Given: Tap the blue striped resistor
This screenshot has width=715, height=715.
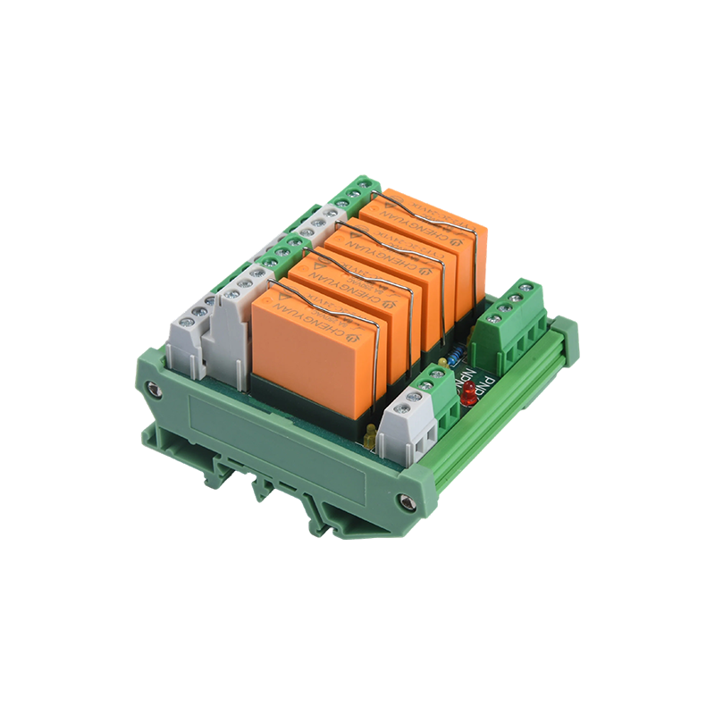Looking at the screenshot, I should pos(457,355).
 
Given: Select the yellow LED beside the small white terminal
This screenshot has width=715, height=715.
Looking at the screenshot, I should pos(369,436).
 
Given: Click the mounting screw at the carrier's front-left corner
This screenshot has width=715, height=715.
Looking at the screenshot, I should pos(155,389).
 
